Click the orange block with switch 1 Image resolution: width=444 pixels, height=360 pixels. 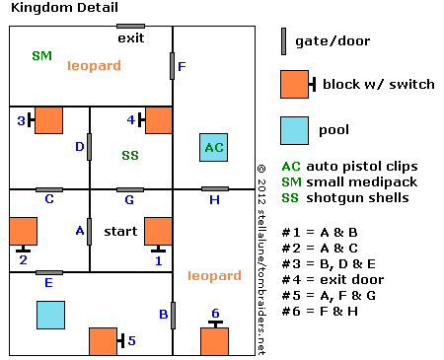click(158, 231)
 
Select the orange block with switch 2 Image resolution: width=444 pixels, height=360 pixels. click(24, 231)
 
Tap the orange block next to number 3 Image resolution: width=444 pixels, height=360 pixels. click(48, 120)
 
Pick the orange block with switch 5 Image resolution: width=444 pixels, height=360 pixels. click(103, 341)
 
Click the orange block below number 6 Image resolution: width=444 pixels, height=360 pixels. click(214, 341)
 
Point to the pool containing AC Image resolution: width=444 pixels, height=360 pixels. click(213, 147)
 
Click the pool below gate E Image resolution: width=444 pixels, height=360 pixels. click(50, 315)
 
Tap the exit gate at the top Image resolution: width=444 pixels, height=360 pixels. click(130, 26)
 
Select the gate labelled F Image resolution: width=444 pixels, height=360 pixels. click(172, 66)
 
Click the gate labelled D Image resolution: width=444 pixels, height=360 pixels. click(89, 147)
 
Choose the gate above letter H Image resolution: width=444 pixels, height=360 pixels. click(215, 188)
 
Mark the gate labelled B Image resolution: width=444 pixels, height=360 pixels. click(173, 316)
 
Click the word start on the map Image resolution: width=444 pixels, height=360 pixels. click(120, 232)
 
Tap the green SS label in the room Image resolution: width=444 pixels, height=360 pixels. click(130, 155)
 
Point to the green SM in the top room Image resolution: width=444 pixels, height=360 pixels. click(42, 55)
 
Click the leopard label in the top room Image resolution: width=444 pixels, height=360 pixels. click(94, 66)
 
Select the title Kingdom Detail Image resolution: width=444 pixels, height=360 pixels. click(64, 8)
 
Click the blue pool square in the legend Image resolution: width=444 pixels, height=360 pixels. click(294, 130)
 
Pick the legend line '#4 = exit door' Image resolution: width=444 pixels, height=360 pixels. click(333, 280)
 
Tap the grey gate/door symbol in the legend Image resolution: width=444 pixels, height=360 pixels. click(283, 41)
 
